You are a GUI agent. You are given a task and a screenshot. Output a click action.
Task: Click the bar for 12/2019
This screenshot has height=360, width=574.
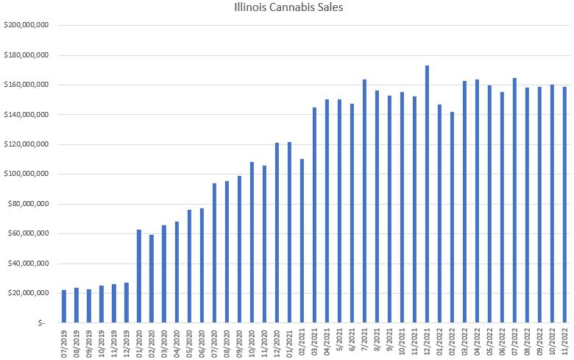(127, 303)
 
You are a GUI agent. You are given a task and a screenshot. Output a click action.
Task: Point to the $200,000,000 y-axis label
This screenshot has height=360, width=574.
(26, 25)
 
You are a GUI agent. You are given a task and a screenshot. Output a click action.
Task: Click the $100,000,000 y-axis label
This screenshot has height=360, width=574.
(26, 174)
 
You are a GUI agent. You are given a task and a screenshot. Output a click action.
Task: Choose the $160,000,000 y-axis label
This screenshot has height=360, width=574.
(26, 85)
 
